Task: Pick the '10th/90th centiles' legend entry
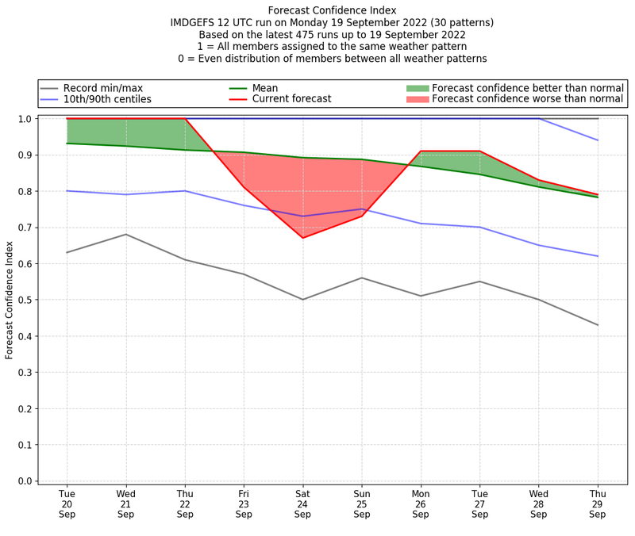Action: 107,99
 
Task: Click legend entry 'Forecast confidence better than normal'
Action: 528,88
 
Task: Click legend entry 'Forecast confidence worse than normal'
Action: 528,99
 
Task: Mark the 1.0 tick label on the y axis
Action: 25,119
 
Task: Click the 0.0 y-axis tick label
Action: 25,481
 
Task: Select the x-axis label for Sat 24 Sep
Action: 302,503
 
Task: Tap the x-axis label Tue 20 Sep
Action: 67,503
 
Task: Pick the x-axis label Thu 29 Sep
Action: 598,503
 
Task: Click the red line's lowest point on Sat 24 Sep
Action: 302,238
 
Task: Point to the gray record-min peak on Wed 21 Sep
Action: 125,234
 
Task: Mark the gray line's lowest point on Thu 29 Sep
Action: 598,325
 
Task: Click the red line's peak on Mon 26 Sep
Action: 421,151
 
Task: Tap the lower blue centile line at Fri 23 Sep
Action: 244,205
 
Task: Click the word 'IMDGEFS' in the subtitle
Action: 195,22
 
